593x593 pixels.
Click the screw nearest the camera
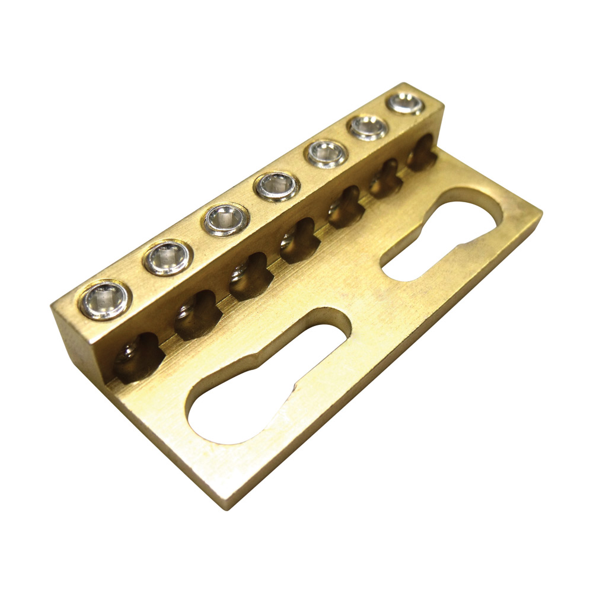tap(104, 300)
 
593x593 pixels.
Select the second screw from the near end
tap(168, 258)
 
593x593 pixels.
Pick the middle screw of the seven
tap(276, 186)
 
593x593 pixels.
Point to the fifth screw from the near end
tap(326, 154)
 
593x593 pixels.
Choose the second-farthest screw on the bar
tap(368, 127)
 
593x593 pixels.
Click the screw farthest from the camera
tap(406, 103)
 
